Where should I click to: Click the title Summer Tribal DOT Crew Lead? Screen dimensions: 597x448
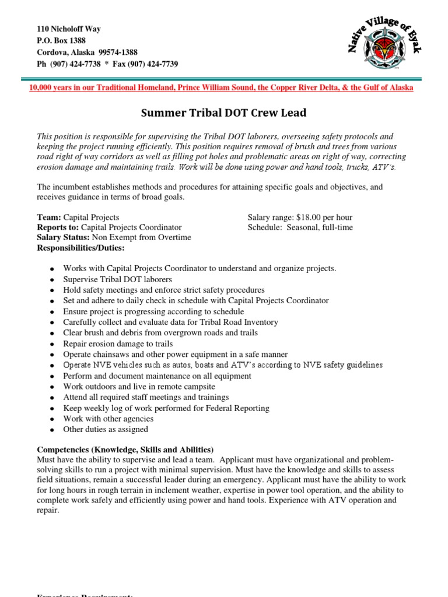tap(223, 113)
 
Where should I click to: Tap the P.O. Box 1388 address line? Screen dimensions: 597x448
tap(61, 41)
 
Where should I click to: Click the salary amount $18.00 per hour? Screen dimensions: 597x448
tap(320, 217)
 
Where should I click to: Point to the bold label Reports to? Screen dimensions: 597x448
tap(58, 227)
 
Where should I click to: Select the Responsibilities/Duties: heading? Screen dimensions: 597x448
tap(80, 248)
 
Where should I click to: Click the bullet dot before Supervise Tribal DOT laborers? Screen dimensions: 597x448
tap(52, 280)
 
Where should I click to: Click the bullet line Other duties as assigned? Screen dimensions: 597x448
tap(106, 430)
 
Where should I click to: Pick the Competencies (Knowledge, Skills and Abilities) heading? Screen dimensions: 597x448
tap(125, 449)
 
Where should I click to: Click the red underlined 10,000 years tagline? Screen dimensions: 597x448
tap(221, 87)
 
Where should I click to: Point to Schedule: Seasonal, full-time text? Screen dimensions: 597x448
tap(300, 227)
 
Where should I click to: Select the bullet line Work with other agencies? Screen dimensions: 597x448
tap(108, 419)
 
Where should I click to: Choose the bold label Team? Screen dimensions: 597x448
tap(49, 217)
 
